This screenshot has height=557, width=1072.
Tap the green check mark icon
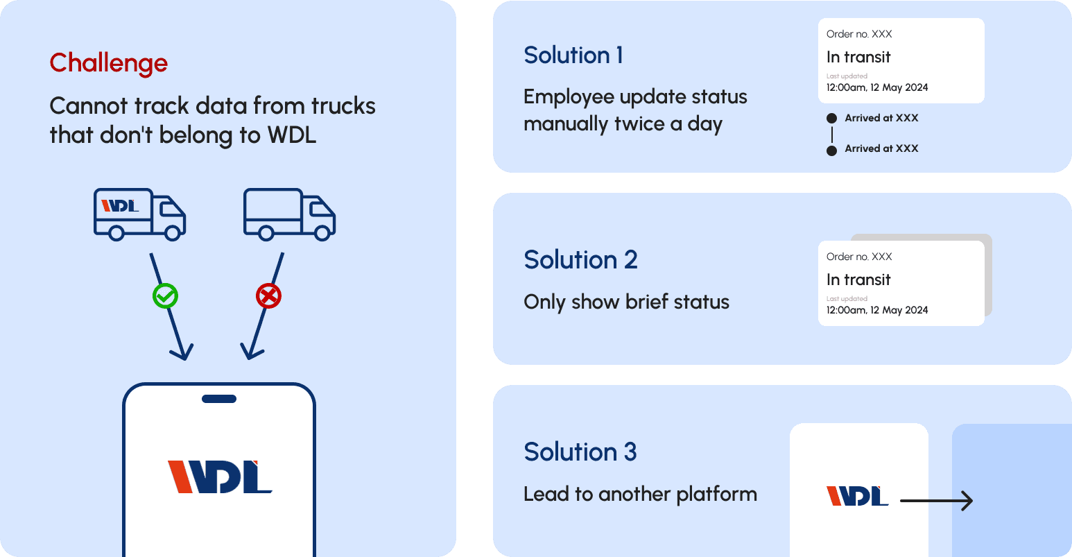click(165, 296)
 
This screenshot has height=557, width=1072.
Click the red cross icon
click(268, 295)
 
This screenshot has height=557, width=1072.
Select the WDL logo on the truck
click(120, 206)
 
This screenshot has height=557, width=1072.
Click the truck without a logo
click(290, 214)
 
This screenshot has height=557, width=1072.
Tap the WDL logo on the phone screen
click(220, 477)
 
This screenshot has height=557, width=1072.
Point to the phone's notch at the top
click(219, 399)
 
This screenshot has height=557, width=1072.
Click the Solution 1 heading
click(573, 55)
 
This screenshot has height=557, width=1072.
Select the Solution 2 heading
click(580, 259)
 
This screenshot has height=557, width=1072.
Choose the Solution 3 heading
click(580, 452)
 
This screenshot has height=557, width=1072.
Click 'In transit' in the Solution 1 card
click(858, 57)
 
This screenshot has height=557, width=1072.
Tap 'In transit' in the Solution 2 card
click(858, 280)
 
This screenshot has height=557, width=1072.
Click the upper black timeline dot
click(832, 119)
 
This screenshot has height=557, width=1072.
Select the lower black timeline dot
click(832, 151)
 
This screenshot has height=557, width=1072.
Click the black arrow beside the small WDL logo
click(937, 501)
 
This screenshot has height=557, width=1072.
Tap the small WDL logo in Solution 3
click(858, 496)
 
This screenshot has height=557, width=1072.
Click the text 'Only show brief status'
click(626, 302)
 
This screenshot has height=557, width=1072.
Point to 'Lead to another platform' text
click(640, 495)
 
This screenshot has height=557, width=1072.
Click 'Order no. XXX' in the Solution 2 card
click(859, 257)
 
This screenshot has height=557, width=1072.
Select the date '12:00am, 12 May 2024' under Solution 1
click(877, 87)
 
